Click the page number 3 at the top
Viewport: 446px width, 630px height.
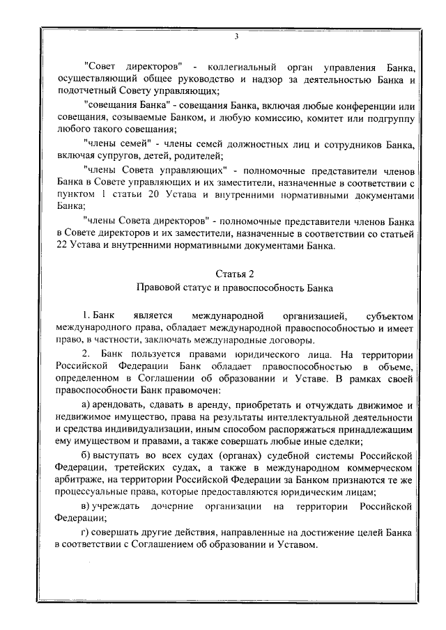pos(236,36)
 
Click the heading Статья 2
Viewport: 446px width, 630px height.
pos(235,274)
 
